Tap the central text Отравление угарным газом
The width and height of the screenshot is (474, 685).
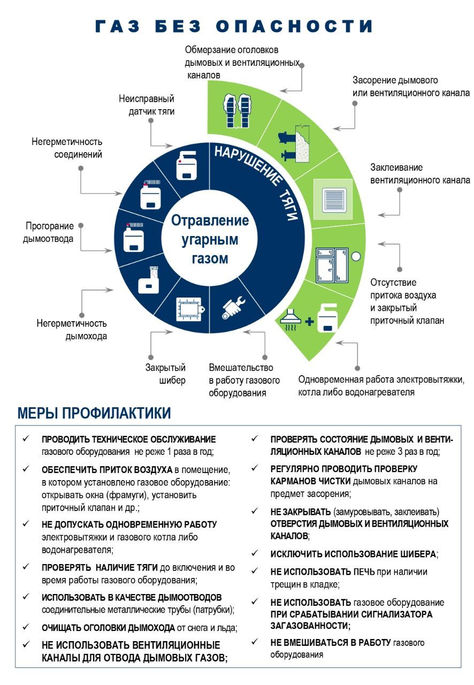pyautogui.click(x=210, y=239)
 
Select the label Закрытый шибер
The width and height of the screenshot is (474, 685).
pyautogui.click(x=165, y=374)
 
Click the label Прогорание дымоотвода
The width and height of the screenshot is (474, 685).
pyautogui.click(x=48, y=232)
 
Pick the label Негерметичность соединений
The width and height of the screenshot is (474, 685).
pyautogui.click(x=66, y=148)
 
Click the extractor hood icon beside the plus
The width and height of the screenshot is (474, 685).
pyautogui.click(x=293, y=319)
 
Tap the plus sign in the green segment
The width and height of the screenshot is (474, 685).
pyautogui.click(x=309, y=322)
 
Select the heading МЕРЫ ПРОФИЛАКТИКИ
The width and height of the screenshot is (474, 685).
pyautogui.click(x=94, y=413)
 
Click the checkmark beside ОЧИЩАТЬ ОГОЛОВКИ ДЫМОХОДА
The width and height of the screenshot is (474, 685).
pyautogui.click(x=25, y=627)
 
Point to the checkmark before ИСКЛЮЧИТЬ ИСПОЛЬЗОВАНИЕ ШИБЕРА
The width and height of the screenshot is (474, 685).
pyautogui.click(x=255, y=553)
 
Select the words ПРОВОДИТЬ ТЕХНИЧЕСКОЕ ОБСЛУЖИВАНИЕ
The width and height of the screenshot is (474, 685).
pyautogui.click(x=129, y=439)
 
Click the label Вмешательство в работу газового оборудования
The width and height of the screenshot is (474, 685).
pyautogui.click(x=244, y=380)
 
